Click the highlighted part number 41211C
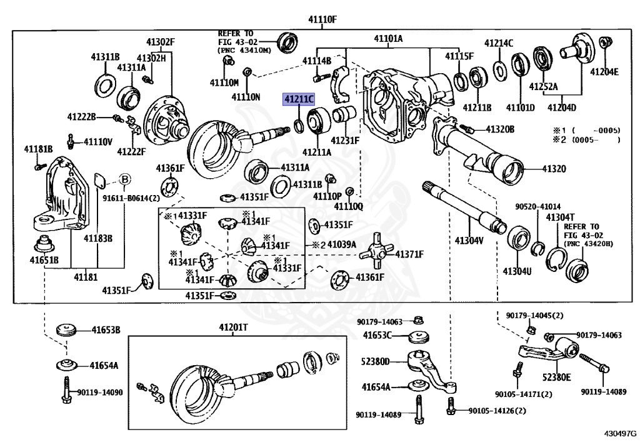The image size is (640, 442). coord(299,99)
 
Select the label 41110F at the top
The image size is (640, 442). coord(322,19)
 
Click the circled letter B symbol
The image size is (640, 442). coord(124,180)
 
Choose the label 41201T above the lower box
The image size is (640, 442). coord(233,328)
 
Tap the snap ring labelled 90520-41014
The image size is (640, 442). coord(537,251)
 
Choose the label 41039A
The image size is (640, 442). coord(341,244)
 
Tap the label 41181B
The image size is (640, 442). coord(38,148)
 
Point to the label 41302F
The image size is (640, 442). coord(161,42)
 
